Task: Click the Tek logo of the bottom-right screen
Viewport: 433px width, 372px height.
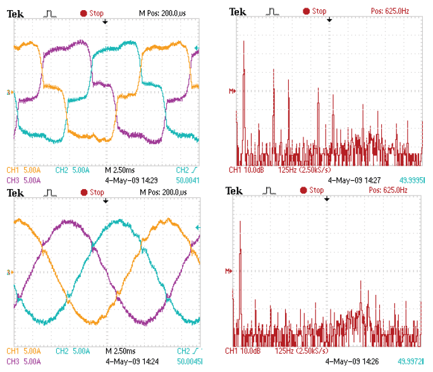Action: click(234, 191)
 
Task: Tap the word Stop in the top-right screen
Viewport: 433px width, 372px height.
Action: click(319, 11)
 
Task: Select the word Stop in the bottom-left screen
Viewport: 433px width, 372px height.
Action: click(97, 192)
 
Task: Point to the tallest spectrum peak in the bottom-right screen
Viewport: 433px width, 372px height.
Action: click(241, 221)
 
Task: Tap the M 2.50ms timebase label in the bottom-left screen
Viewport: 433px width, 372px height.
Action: click(119, 349)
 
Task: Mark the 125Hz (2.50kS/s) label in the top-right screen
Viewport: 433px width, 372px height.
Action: click(305, 170)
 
